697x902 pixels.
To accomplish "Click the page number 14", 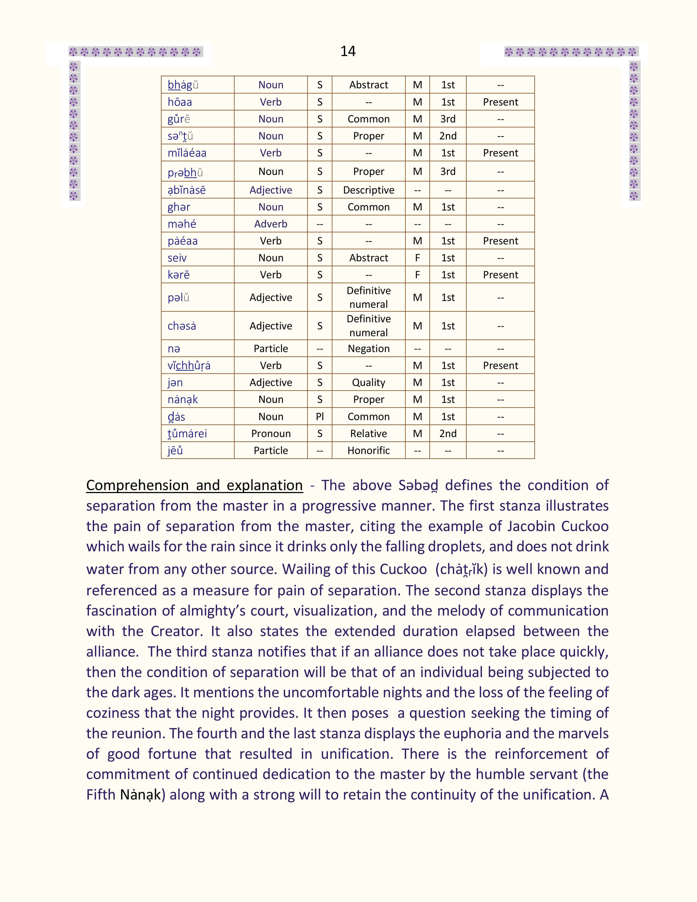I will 348,51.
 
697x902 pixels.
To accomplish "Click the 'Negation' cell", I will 368,348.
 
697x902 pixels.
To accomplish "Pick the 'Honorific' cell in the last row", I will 368,450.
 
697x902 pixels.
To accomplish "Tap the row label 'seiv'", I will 177,258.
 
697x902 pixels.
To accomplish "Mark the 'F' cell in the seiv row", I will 417,258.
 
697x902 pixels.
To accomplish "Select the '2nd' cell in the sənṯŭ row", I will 448,136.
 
